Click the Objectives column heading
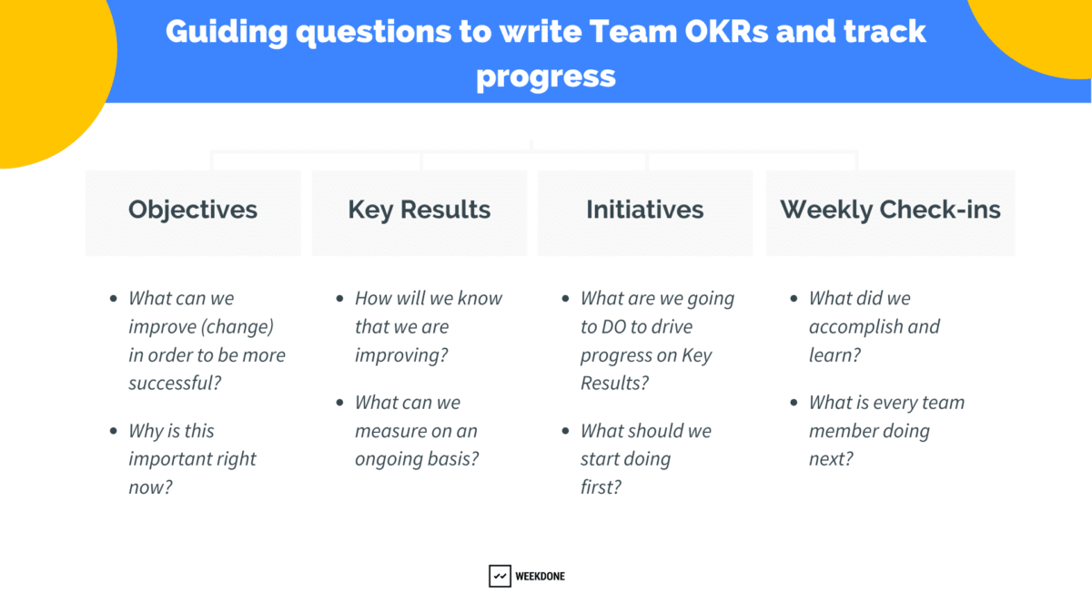(193, 210)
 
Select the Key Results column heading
(419, 210)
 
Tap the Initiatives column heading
(644, 210)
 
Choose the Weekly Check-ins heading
(890, 210)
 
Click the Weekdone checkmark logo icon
(500, 576)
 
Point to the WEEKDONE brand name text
(541, 577)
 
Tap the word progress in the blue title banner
(546, 76)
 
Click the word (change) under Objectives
(238, 327)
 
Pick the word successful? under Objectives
(175, 384)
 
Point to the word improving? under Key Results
(401, 355)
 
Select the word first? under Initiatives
(601, 487)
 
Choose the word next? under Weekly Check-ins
(831, 459)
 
